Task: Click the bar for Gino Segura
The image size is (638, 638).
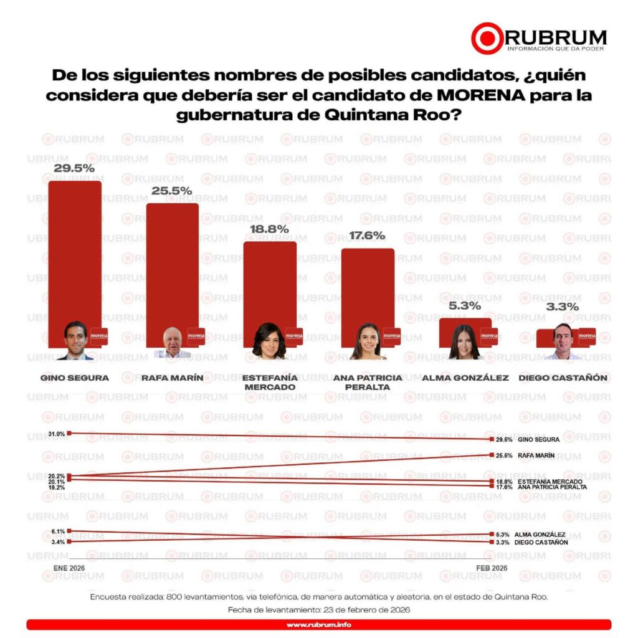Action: coord(75,249)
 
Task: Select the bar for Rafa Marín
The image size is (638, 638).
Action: coord(172,262)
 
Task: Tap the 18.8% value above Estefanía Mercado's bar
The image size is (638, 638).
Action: coord(269,229)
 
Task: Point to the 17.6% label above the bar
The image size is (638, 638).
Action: coord(367,236)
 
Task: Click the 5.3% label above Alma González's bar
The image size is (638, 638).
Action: coord(464,306)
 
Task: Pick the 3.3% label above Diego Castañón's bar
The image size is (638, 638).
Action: coord(563,307)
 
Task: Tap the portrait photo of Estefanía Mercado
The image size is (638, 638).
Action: coord(269,341)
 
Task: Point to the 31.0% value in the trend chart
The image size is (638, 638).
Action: coord(55,434)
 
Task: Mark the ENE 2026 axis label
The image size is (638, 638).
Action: coord(69,568)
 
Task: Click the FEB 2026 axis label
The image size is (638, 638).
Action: coord(492,568)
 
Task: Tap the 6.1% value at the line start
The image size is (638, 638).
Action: coord(57,531)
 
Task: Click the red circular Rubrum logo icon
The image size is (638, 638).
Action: coord(486,38)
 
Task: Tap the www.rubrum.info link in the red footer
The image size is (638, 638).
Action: coord(318,624)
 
